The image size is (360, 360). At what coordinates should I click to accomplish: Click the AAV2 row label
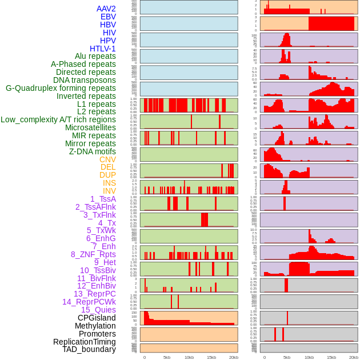click(x=106, y=9)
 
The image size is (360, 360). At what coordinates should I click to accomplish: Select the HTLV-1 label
click(x=102, y=49)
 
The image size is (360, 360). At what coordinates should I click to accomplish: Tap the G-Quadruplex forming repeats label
click(x=61, y=88)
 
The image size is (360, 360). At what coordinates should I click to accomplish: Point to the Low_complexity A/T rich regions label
click(x=58, y=119)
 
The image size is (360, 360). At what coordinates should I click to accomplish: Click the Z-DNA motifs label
click(x=92, y=151)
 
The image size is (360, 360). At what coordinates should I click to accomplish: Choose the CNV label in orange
click(x=107, y=159)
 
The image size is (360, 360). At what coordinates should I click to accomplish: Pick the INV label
click(x=109, y=191)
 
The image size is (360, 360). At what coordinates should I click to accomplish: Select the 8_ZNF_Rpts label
click(x=93, y=254)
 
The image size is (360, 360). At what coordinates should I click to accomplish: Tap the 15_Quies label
click(x=98, y=310)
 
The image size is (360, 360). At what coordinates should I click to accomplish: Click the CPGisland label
click(x=97, y=318)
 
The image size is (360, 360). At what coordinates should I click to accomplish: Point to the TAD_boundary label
click(x=89, y=349)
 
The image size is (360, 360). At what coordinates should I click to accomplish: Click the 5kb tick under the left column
click(x=167, y=357)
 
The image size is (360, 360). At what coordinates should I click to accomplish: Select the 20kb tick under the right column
click(x=354, y=357)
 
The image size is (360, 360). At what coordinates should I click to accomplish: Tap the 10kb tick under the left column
click(x=189, y=357)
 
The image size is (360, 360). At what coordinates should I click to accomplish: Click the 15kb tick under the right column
click(x=331, y=357)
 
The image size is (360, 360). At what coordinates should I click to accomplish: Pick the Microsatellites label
click(x=90, y=127)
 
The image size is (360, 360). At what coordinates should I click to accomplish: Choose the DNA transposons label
click(x=85, y=80)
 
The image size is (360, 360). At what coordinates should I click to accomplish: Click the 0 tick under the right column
click(x=264, y=357)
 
